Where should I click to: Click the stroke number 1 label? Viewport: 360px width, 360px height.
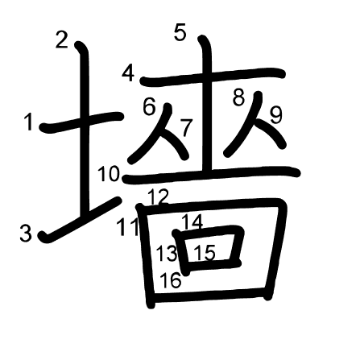click(x=28, y=122)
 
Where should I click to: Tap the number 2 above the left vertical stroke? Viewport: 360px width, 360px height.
click(x=62, y=40)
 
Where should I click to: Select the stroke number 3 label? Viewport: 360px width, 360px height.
click(x=26, y=234)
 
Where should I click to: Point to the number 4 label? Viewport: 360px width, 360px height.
click(x=128, y=74)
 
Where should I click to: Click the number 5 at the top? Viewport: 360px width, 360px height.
click(x=180, y=32)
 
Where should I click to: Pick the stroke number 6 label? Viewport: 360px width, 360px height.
click(x=149, y=106)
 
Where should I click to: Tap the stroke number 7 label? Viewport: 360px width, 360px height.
click(x=187, y=127)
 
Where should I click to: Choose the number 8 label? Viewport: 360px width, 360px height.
click(x=238, y=97)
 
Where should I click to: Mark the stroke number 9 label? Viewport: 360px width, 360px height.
click(x=276, y=115)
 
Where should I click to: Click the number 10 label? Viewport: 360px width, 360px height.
click(x=109, y=174)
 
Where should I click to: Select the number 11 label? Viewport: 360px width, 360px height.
click(x=128, y=227)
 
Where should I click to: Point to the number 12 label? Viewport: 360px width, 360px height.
click(x=158, y=197)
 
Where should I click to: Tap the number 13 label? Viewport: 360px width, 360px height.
click(x=167, y=253)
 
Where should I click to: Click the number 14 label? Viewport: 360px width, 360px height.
click(x=192, y=221)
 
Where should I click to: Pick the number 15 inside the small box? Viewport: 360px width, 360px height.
click(x=205, y=253)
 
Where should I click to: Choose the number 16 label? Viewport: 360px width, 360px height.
click(x=171, y=280)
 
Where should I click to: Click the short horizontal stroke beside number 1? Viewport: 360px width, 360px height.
click(x=82, y=122)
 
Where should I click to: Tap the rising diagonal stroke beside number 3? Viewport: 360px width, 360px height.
click(x=80, y=220)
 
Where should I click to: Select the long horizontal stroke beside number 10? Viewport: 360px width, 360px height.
click(x=211, y=175)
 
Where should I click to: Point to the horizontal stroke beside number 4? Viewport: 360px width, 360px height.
click(x=213, y=77)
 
